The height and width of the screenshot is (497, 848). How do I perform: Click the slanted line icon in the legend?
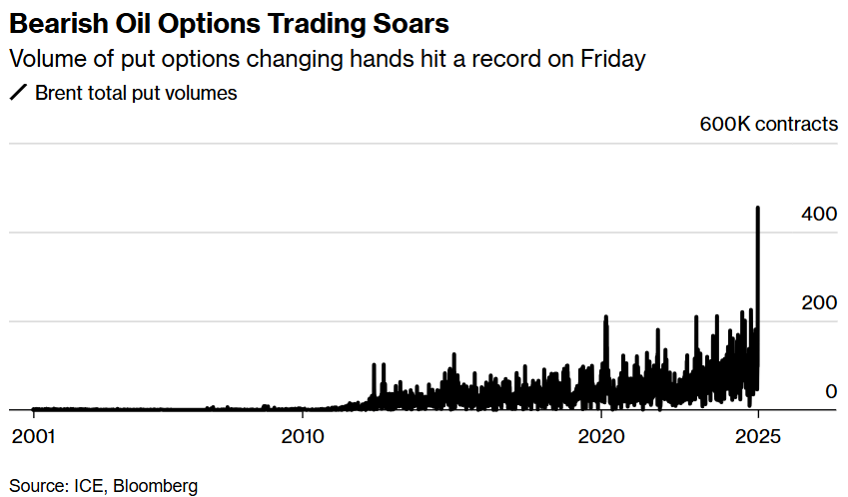coord(18,94)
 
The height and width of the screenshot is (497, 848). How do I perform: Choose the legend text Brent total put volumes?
coord(136,94)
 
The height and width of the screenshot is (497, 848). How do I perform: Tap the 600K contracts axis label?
coord(768,125)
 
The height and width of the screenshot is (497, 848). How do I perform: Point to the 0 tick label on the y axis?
coord(830,391)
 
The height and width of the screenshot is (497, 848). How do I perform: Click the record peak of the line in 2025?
coord(757,208)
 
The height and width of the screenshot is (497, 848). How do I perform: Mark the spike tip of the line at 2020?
coord(605,317)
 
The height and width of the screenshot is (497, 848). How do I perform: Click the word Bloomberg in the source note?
coord(155,486)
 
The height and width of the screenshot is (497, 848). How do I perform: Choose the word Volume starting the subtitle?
coord(43,59)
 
